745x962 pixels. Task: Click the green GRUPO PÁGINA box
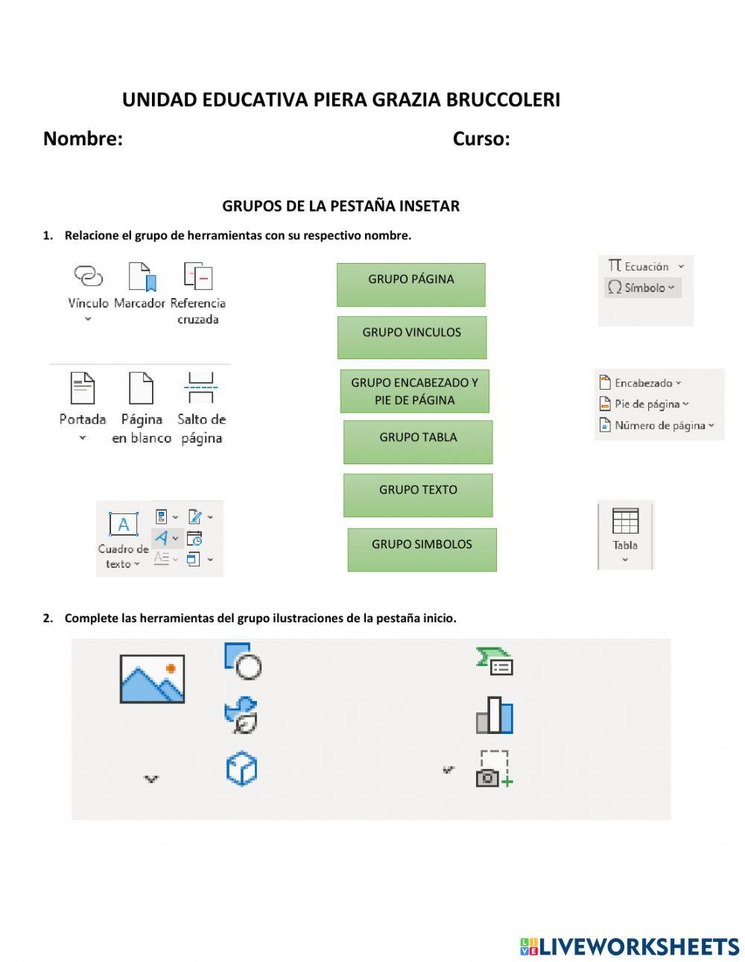coord(410,284)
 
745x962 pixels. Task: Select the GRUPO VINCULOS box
coord(411,337)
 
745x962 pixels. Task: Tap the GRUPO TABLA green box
coord(417,441)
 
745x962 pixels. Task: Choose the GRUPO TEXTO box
coord(417,495)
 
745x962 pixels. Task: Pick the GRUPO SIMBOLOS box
coord(422,549)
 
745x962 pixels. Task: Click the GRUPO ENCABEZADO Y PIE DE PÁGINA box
coord(414,391)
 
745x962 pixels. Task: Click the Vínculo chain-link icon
coord(89,276)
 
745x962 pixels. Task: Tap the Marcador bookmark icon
coord(142,276)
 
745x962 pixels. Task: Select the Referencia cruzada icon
coord(198,276)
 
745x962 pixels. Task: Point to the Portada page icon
coord(82,388)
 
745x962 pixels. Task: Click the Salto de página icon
coord(201,388)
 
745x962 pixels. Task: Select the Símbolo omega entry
coord(640,288)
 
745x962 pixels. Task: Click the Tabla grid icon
coord(625,522)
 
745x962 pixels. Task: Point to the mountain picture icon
coord(152,678)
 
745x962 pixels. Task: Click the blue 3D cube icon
coord(241,769)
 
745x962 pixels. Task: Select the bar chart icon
coord(495,715)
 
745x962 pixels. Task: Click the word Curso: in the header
coord(481,139)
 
